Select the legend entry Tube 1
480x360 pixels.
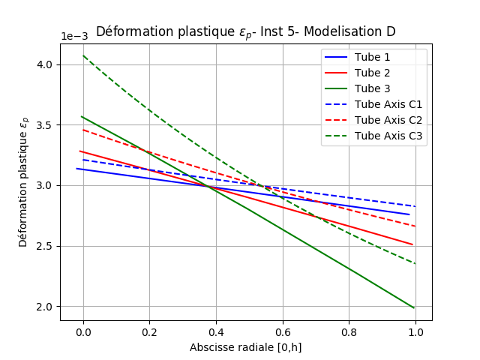tap(372, 57)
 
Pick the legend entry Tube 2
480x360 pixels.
tap(372, 73)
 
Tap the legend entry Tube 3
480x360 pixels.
tap(372, 88)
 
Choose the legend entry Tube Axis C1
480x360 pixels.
tap(388, 104)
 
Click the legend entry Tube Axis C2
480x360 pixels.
tap(388, 120)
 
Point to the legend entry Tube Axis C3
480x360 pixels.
tap(388, 136)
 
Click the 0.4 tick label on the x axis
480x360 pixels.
tap(216, 331)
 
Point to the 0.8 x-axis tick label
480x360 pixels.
tap(349, 331)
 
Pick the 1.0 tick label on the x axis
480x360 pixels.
tap(415, 331)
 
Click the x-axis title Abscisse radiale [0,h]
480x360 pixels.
tap(245, 347)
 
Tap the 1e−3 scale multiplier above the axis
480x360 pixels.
tap(76, 37)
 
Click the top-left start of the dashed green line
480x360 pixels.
tap(83, 55)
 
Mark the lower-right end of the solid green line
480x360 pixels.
tap(413, 307)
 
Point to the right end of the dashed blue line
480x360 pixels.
tap(415, 206)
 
